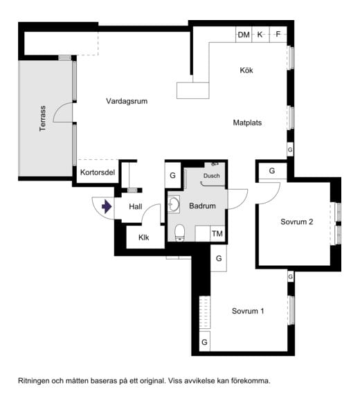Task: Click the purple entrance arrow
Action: point(107,206)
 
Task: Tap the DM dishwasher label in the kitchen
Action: point(244,35)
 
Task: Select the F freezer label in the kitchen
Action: point(278,34)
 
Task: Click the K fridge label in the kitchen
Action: point(260,35)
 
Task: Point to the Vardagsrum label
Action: point(127,101)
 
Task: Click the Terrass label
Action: point(43,118)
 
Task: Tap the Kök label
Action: point(246,70)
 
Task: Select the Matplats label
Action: point(247,123)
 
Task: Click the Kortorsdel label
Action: point(98,172)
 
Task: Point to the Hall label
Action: point(136,206)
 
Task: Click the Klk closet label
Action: point(143,237)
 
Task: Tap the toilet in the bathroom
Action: point(180,233)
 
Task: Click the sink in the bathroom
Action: point(174,204)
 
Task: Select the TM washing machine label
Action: point(217,234)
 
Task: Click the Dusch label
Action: point(212,176)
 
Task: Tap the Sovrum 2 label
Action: point(297,222)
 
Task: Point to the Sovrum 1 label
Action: point(248,311)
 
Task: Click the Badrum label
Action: point(202,206)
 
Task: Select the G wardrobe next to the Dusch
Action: point(172,175)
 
